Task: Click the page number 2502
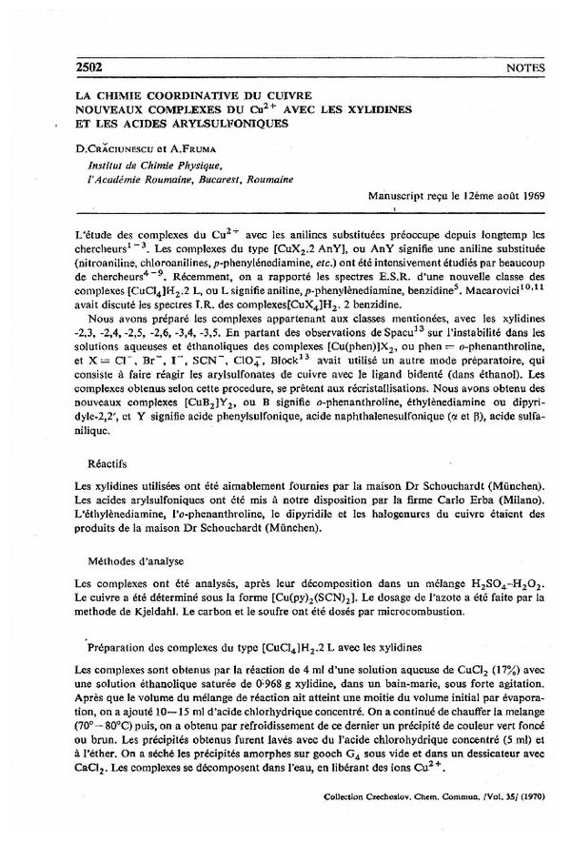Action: coord(88,69)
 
